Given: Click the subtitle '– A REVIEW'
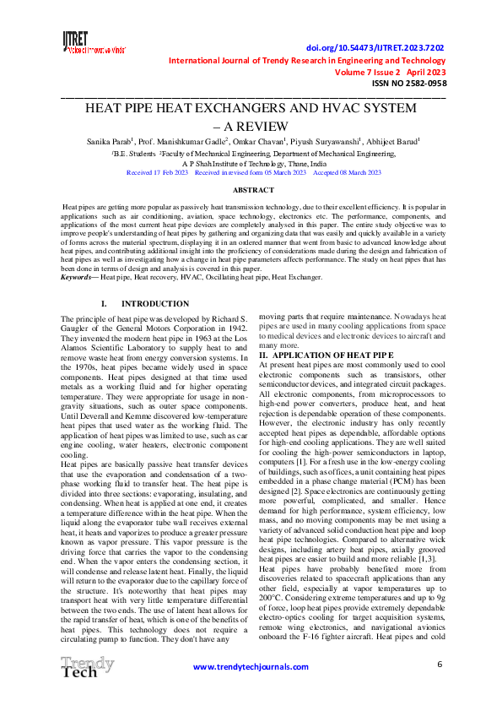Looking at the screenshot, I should coord(251,126).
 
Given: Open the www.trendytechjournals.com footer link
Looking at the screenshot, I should coord(251,668).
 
